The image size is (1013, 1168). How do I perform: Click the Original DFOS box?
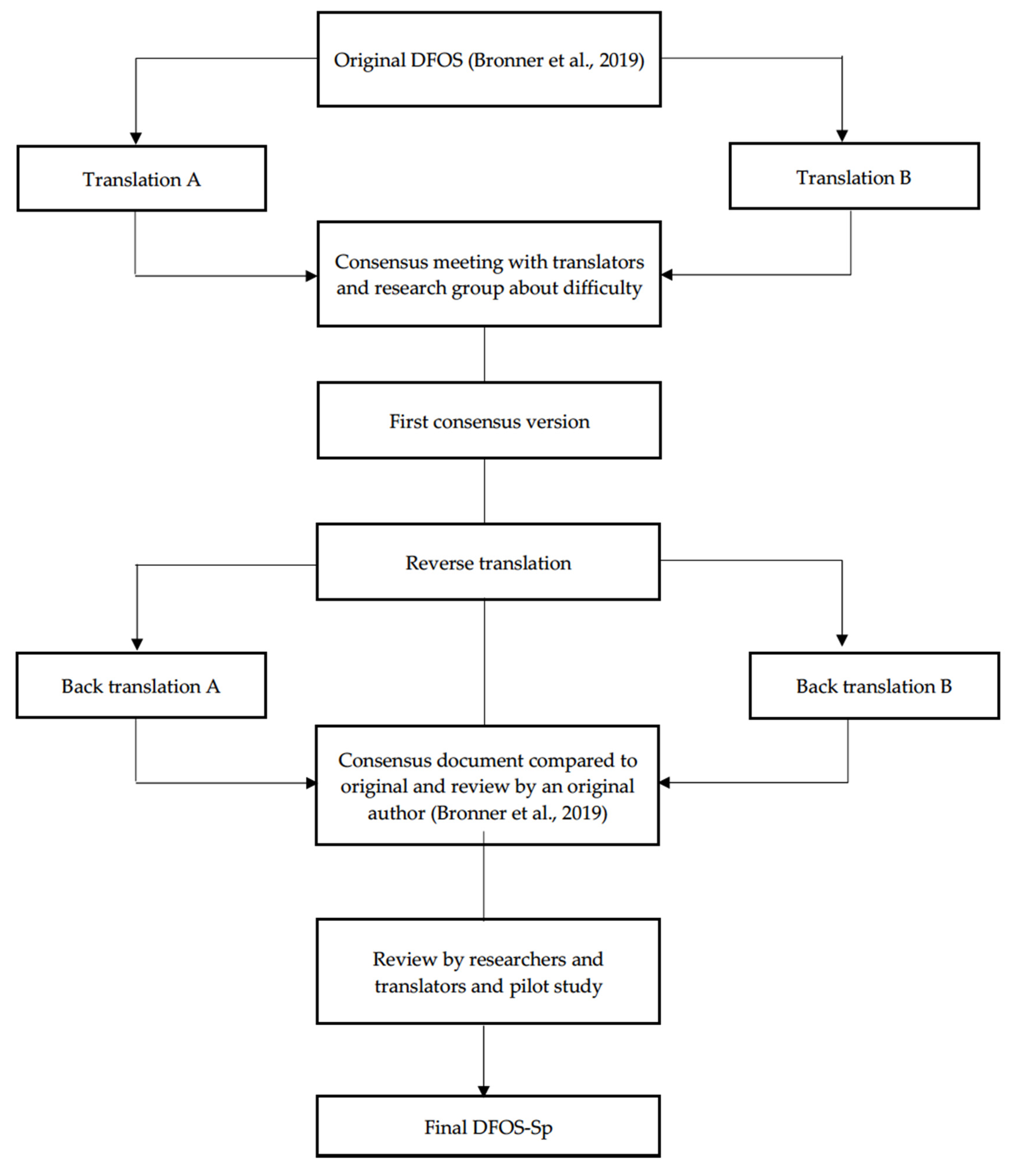click(x=489, y=59)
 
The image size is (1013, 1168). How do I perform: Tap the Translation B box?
click(x=854, y=176)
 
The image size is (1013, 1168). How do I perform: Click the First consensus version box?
click(x=489, y=421)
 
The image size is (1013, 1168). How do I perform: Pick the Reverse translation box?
click(x=488, y=562)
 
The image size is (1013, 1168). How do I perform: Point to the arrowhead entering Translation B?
click(x=842, y=136)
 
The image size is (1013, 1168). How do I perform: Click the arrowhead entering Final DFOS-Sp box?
click(x=483, y=1090)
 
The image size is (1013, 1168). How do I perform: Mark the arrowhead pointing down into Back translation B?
click(x=842, y=640)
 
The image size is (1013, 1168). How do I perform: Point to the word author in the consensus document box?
click(x=396, y=813)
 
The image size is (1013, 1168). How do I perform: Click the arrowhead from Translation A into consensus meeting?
click(x=311, y=276)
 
